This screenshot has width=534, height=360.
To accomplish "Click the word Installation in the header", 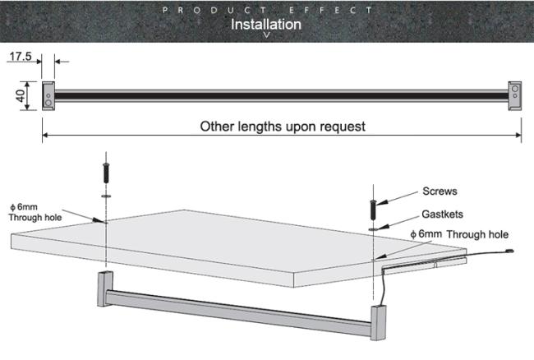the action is tap(266, 24).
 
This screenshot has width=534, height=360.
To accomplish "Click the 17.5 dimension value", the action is tap(21, 56).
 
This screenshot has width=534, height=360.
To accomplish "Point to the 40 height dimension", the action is tap(21, 95).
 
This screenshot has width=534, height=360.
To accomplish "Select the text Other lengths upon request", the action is tap(283, 127).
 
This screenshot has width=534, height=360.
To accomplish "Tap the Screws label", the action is tap(440, 191).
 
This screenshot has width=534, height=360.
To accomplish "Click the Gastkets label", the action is tap(442, 215).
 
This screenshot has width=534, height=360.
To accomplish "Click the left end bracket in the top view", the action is tap(48, 95).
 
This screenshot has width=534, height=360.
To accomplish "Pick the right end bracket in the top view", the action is tap(514, 95).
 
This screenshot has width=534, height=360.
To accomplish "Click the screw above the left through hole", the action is tap(106, 173).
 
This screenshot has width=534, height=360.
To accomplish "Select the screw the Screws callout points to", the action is tap(373, 210).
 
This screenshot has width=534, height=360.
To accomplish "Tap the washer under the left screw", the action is tap(106, 196).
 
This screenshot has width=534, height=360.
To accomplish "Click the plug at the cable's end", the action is tap(509, 252).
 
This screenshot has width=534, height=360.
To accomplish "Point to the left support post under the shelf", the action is tap(105, 288).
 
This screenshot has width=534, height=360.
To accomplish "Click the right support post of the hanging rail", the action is tap(378, 322).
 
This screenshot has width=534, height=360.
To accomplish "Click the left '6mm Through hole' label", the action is tap(35, 212).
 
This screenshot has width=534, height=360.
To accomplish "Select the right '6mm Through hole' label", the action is tap(459, 234).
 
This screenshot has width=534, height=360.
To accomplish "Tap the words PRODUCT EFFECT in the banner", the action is tap(267, 10).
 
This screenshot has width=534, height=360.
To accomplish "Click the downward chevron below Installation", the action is tap(267, 35).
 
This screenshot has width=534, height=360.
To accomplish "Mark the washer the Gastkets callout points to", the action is tap(374, 229).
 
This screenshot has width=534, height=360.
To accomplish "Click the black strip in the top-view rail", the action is tap(281, 95).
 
